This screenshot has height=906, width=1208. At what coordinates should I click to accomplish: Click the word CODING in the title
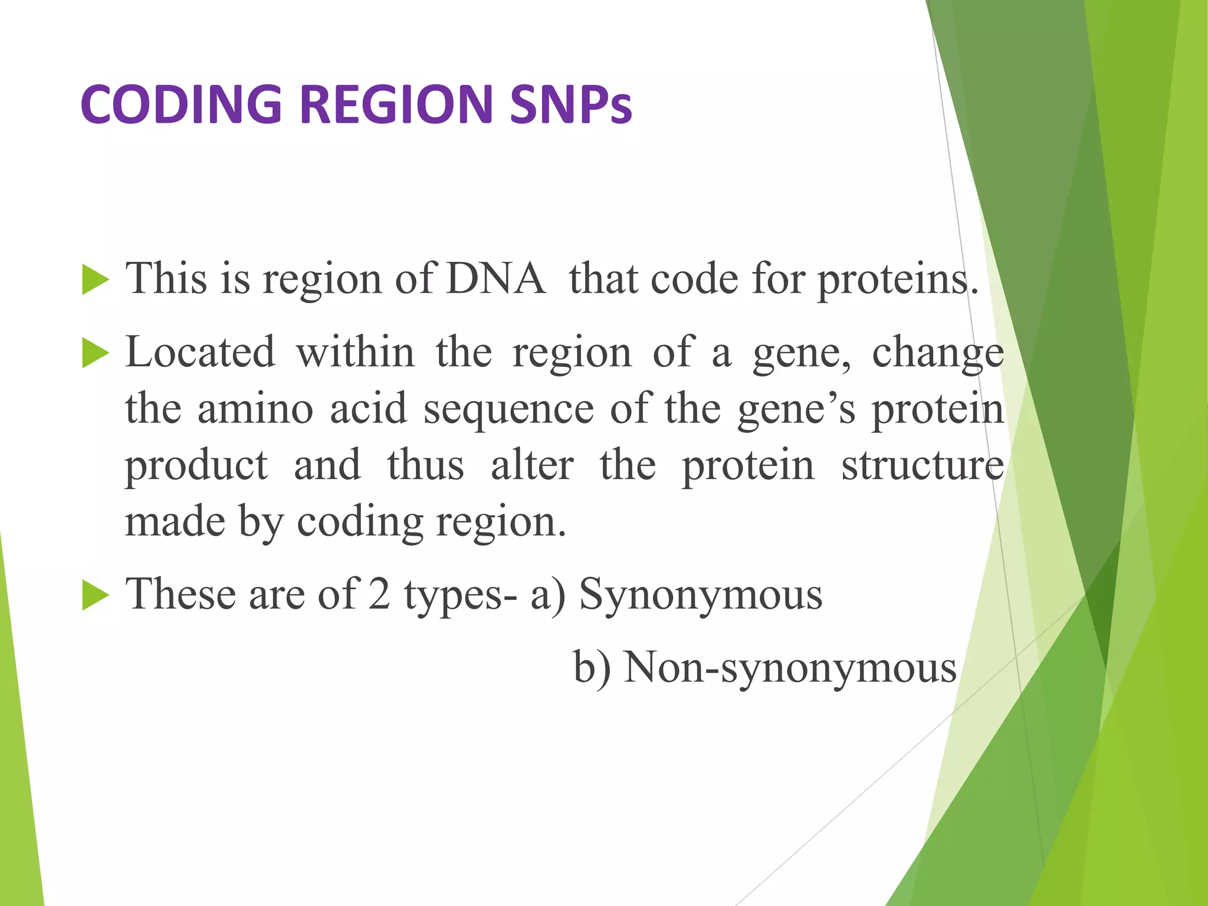pos(180,104)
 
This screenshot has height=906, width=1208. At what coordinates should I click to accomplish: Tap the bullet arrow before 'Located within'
pos(96,354)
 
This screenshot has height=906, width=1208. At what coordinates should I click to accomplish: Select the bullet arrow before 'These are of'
pos(96,595)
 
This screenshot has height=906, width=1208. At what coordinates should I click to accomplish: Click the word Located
pos(200,352)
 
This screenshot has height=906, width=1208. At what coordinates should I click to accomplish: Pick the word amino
pos(255,409)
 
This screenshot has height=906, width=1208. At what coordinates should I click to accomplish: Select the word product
pos(196,467)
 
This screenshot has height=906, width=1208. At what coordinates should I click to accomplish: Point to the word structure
pos(923,465)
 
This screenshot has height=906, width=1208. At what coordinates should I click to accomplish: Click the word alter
pos(532,465)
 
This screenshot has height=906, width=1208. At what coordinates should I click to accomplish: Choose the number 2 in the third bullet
pos(379,594)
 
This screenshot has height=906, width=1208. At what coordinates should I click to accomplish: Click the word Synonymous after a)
pos(700,595)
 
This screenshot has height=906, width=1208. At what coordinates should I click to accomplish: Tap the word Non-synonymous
pos(790,669)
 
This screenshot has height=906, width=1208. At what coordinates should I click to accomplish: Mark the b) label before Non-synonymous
pos(592,668)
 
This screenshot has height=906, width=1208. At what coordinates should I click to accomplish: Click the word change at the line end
pos(938,352)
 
